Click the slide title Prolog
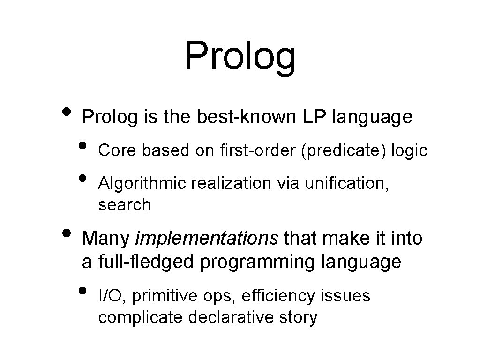(240, 56)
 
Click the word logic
(409, 150)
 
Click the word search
(124, 205)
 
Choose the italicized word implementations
(207, 238)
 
